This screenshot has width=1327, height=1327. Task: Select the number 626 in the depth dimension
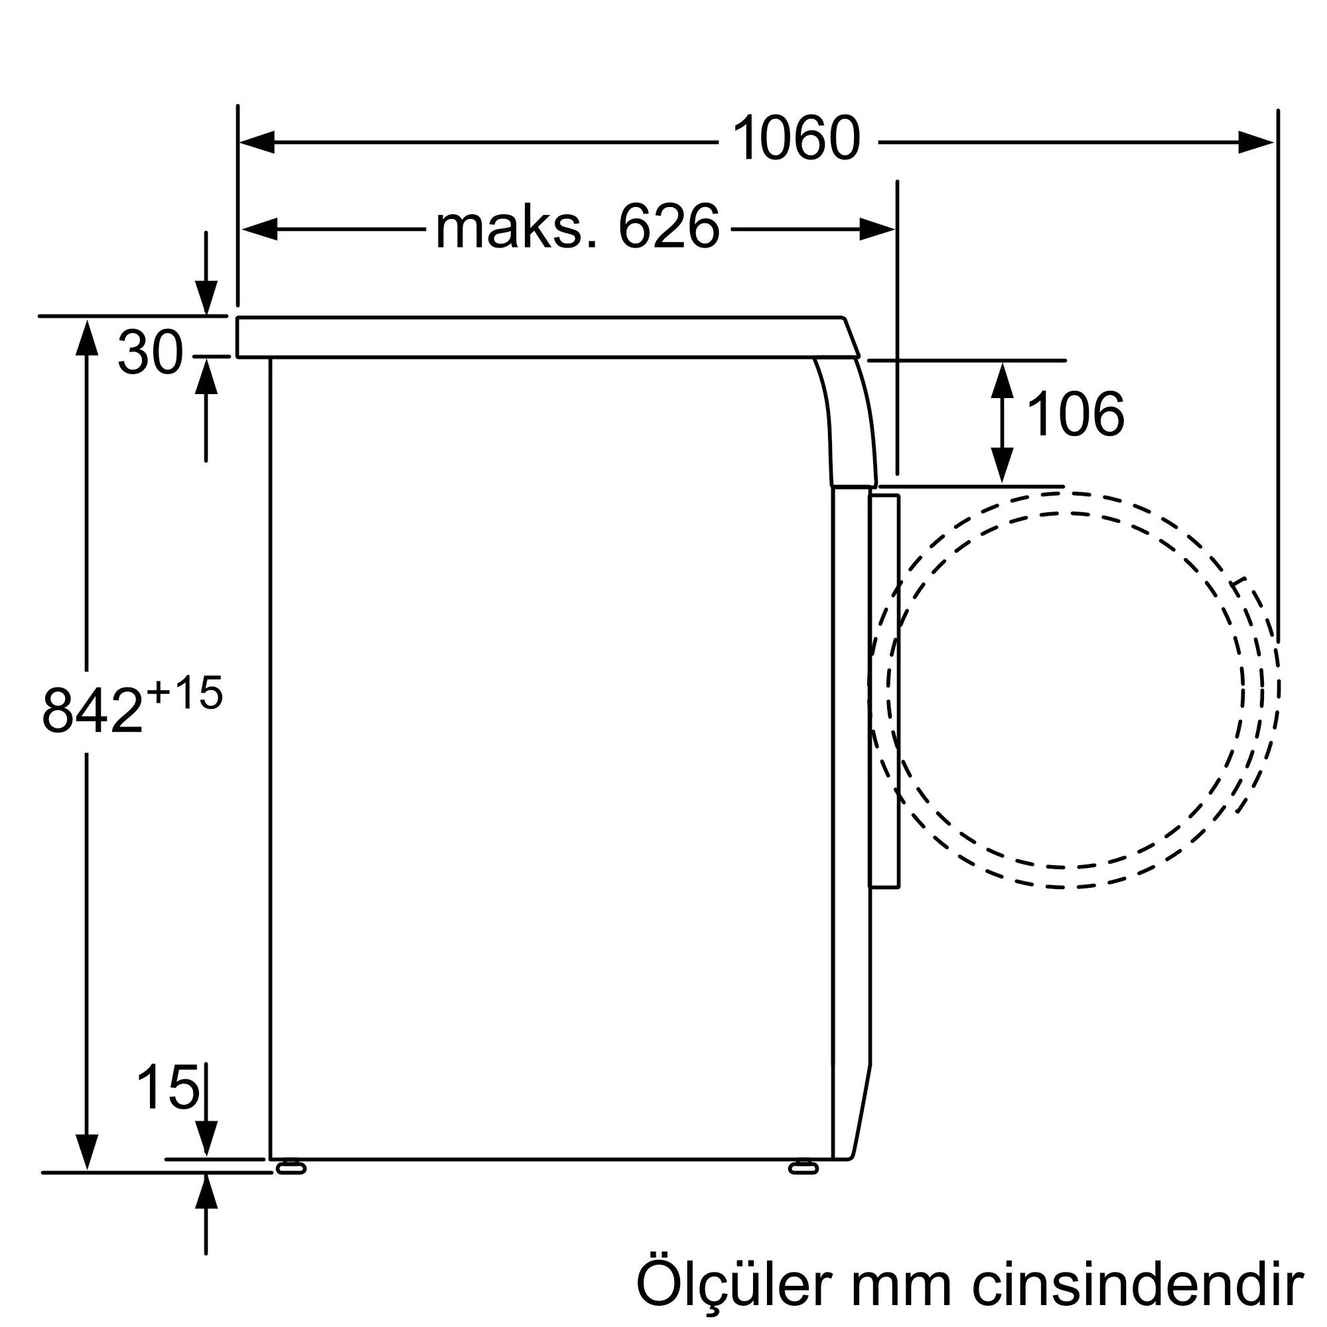(669, 226)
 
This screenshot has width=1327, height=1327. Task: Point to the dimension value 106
(1076, 413)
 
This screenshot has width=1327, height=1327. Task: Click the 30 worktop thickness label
(151, 352)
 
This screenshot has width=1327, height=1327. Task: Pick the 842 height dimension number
(92, 711)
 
